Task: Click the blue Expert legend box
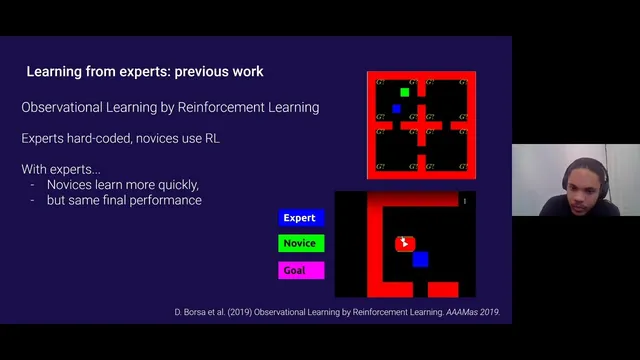[x=300, y=217]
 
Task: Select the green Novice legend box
[x=300, y=243]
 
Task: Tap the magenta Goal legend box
[x=300, y=270]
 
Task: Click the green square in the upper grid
[x=404, y=92]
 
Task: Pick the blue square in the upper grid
[x=396, y=108]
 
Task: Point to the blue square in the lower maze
[x=420, y=259]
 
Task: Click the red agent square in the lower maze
[x=404, y=243]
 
